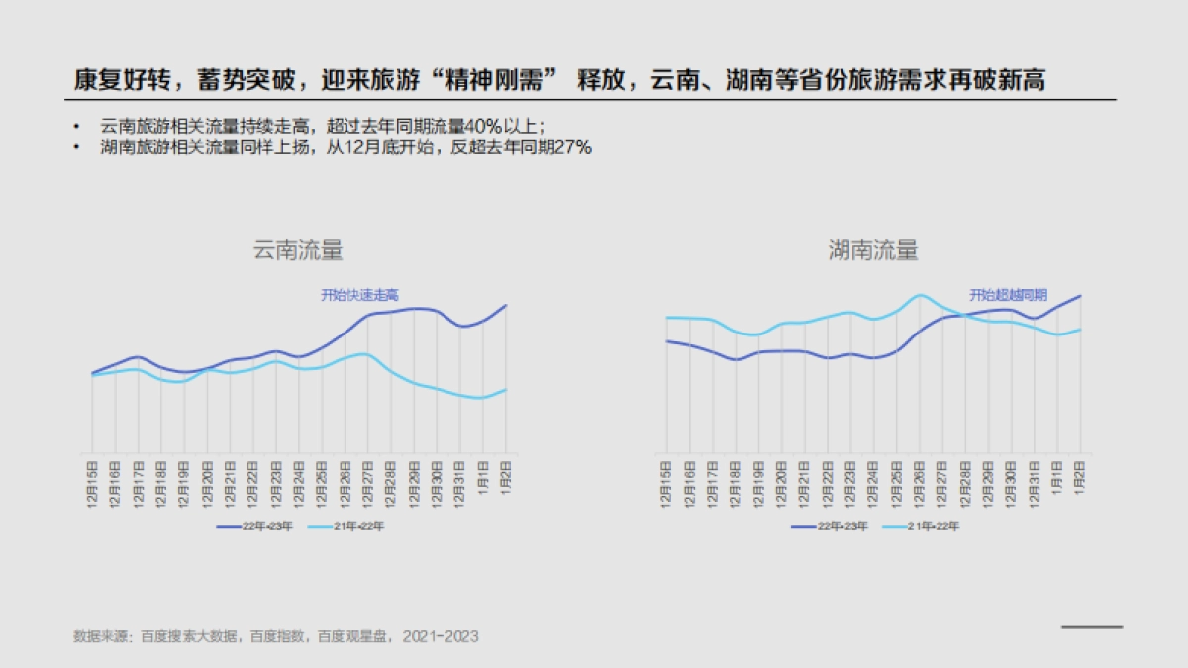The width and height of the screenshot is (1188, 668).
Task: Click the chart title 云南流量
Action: point(298,251)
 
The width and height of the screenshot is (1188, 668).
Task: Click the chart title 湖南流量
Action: point(872,251)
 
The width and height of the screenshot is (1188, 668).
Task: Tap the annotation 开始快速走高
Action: point(359,295)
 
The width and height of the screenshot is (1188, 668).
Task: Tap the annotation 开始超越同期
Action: point(1008,295)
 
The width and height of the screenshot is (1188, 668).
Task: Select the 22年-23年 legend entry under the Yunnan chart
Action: point(254,526)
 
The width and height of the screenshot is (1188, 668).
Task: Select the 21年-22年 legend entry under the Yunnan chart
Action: point(346,526)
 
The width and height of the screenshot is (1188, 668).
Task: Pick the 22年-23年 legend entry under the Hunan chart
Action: point(829,526)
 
